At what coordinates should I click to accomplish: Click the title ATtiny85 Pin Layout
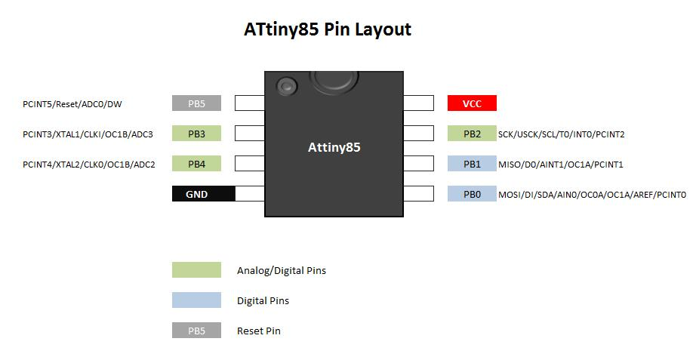327,29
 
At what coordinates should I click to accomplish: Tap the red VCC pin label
472,103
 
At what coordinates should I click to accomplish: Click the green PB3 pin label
196,134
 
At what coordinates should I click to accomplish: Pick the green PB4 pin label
196,164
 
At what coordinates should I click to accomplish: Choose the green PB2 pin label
472,134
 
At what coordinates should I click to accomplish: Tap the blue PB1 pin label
472,164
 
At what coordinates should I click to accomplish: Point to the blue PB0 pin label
472,194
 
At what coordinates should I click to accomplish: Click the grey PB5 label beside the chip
196,103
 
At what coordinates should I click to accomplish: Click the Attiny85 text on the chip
334,147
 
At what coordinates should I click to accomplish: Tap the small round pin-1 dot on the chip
286,86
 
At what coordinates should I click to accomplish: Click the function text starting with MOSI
592,195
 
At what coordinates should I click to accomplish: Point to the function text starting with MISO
560,165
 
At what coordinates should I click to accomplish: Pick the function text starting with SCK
561,134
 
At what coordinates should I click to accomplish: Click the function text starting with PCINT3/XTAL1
88,134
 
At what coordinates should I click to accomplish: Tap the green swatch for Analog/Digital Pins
196,269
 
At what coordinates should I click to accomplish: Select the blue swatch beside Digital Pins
196,300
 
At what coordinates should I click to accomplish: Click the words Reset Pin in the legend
258,331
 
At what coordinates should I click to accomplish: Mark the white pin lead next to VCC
419,103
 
